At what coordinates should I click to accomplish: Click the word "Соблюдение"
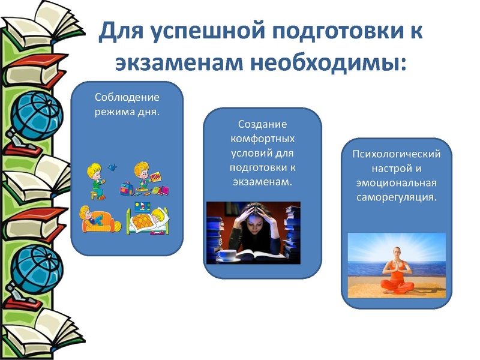tap(127, 98)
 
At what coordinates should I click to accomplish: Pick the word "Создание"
tap(262, 125)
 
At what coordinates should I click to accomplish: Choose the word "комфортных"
tap(262, 139)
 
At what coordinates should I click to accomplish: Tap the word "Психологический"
tap(396, 155)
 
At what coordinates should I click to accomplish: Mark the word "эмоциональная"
tap(396, 182)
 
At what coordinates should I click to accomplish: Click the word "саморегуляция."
tap(396, 196)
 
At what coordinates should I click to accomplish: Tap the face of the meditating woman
tap(397, 254)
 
